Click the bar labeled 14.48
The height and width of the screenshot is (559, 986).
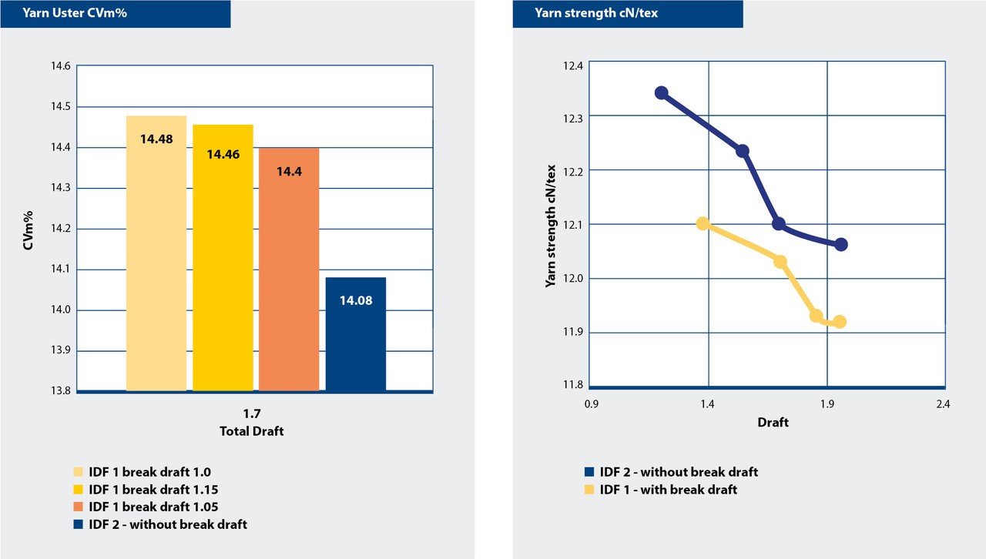[x=156, y=254]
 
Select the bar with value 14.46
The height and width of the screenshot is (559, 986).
[x=223, y=258]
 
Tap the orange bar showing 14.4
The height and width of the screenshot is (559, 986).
[x=289, y=269]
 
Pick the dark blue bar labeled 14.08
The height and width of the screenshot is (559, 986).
[x=355, y=334]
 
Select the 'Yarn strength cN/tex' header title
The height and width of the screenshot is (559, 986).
[x=585, y=13]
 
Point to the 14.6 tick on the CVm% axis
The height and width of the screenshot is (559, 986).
[x=60, y=66]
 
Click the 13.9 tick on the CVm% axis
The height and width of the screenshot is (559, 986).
[x=60, y=350]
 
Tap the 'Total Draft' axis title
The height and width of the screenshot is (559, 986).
[x=251, y=431]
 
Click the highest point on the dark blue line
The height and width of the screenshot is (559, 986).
[x=661, y=92]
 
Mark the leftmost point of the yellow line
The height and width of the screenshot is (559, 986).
[x=703, y=223]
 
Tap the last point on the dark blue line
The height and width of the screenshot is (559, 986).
[x=841, y=244]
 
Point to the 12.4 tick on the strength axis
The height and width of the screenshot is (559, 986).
[x=574, y=67]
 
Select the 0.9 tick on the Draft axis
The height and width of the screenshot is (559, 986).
[x=592, y=403]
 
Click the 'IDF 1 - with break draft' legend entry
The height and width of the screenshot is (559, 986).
[x=668, y=490]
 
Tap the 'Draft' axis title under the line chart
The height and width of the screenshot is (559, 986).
[x=773, y=422]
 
